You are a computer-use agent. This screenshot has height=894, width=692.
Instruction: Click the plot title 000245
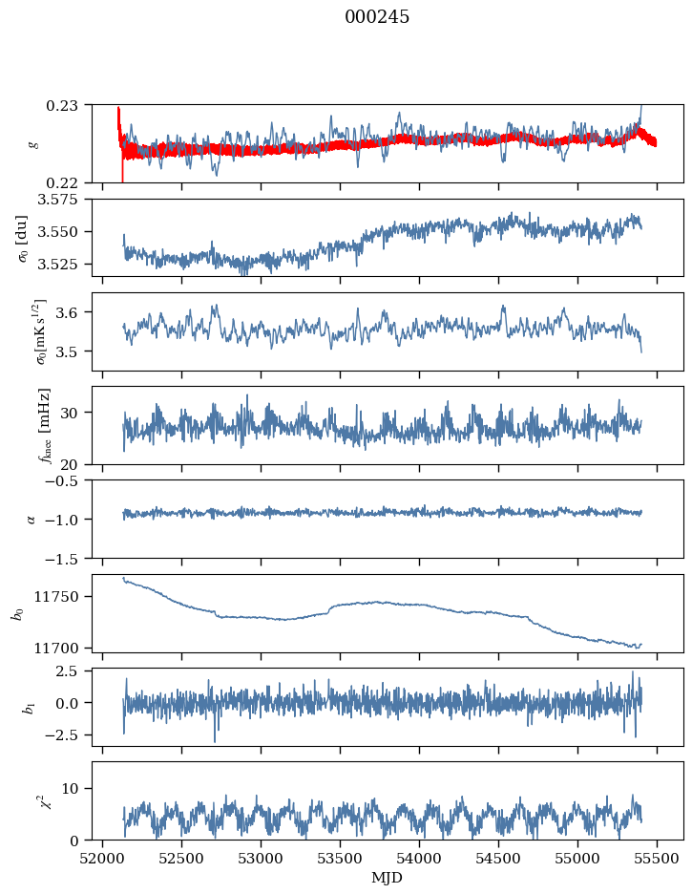coord(377,17)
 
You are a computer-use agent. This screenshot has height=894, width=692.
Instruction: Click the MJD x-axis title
coord(387,878)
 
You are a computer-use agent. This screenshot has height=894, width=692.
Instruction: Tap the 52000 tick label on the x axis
coord(102,859)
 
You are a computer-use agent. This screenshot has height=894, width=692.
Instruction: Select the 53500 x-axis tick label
coord(341,859)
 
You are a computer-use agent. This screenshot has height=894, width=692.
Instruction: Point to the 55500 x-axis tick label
coord(658,859)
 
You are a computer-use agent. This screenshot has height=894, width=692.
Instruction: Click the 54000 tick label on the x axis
coord(420,859)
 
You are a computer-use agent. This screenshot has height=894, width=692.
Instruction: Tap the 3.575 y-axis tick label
coord(63,200)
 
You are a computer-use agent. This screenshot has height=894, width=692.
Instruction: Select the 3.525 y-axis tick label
coord(63,265)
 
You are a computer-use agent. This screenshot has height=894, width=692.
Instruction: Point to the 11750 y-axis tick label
coord(60,597)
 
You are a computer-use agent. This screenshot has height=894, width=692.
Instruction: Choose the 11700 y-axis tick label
coord(60,649)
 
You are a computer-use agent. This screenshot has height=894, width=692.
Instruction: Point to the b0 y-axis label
coord(19,613)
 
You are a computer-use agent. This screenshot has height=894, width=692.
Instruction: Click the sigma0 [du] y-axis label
coord(22,239)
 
